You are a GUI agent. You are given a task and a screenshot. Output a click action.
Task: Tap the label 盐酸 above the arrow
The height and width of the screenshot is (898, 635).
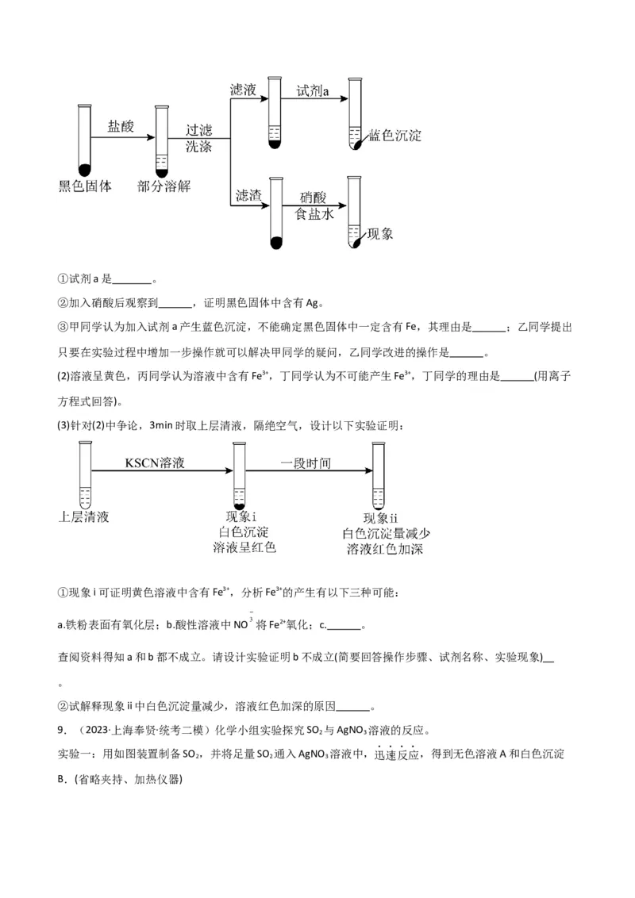tap(121, 125)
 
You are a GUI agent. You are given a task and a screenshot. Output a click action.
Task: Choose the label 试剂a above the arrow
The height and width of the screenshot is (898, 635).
tap(313, 91)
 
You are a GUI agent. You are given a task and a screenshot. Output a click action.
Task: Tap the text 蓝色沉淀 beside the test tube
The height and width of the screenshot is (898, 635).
tap(395, 135)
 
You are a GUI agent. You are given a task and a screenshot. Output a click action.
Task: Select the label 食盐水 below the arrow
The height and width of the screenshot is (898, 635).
tap(314, 214)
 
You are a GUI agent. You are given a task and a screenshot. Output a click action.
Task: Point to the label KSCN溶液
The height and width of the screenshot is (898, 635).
tap(155, 462)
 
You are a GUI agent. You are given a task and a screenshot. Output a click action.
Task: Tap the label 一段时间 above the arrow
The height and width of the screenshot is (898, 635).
tap(306, 462)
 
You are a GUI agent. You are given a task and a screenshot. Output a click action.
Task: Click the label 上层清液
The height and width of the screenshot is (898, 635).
tap(84, 516)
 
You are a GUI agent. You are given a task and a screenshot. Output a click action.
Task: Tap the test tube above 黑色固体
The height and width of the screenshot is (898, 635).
tap(84, 140)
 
